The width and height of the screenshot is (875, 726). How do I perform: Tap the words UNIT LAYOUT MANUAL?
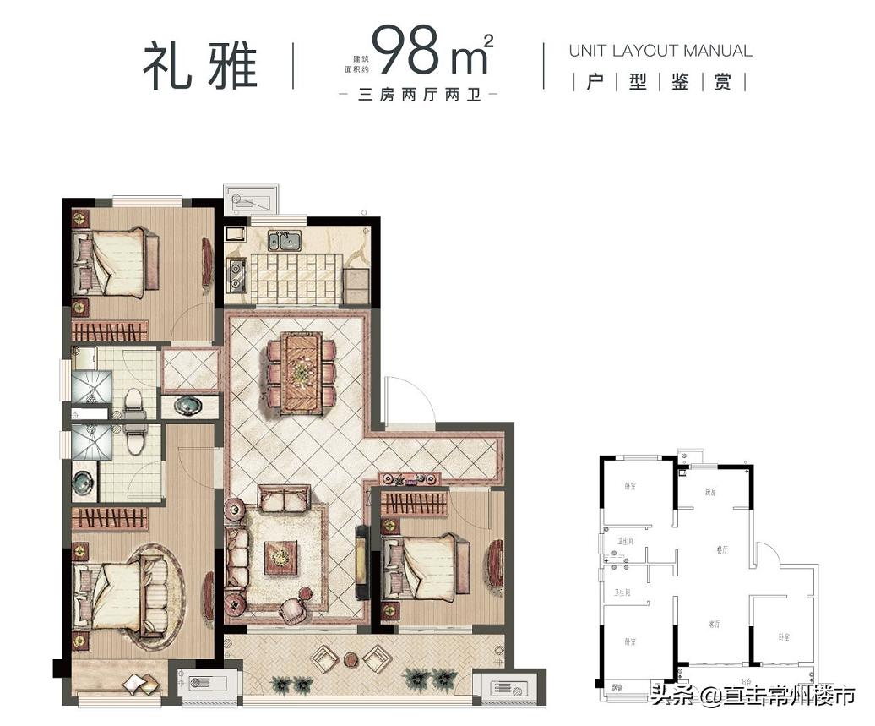point(660,51)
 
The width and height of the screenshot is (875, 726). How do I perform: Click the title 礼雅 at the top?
point(199,65)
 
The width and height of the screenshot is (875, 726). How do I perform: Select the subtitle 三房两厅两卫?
point(419,95)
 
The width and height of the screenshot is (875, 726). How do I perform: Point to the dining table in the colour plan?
point(301,372)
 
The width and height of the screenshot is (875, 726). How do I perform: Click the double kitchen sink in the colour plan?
point(285,241)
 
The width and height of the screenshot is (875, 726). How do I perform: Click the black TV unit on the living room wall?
point(362,562)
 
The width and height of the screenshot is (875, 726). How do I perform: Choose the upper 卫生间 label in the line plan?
point(625,542)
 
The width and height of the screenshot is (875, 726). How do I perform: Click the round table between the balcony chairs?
point(351,658)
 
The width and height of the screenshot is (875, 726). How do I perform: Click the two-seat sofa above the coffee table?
point(284,500)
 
